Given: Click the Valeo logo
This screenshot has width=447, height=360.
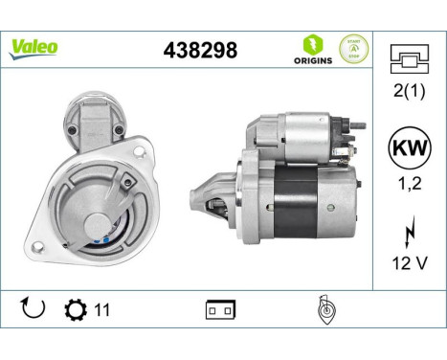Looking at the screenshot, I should [x=34, y=47].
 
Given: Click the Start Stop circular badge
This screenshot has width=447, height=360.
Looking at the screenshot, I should [x=353, y=49].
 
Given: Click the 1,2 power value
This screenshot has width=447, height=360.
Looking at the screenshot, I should [x=410, y=189].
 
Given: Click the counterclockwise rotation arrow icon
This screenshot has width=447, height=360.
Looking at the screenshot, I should [x=32, y=309].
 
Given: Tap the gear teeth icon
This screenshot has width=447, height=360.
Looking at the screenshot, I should [x=74, y=309].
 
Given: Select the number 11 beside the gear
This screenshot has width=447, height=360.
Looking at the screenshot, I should [x=101, y=310].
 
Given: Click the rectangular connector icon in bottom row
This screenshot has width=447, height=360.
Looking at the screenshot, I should [x=219, y=310].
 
